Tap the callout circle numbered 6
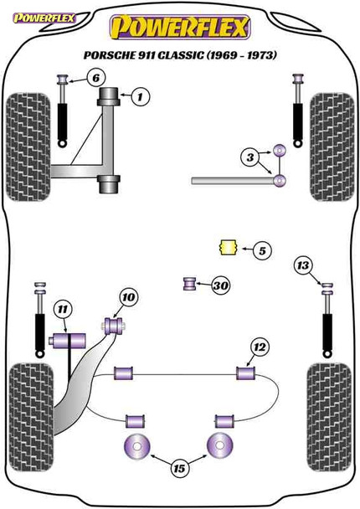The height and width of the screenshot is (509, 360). coord(96,79)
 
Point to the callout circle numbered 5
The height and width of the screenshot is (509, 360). coord(261,249)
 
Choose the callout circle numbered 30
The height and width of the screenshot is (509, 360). coord(221,286)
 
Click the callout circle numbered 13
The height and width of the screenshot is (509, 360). coord(303,266)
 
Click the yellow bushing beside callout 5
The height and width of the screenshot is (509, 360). coord(225,249)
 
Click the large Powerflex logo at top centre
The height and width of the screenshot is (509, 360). coord(179,28)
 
